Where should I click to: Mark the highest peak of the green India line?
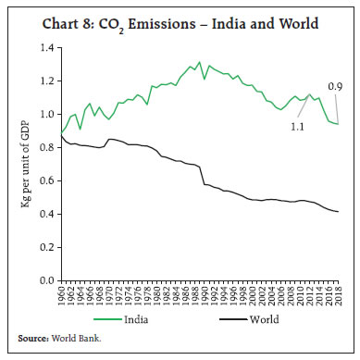tap(200, 63)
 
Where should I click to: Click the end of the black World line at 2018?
tap(338, 212)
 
